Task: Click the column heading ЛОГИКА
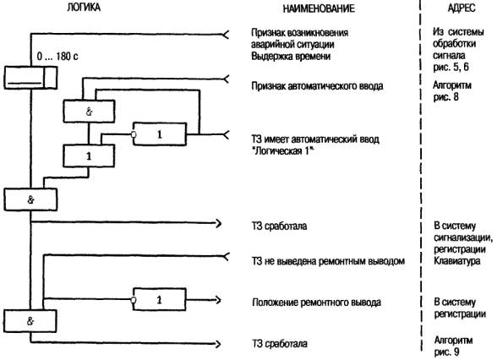(84, 8)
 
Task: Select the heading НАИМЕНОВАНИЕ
(319, 8)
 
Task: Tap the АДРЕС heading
(461, 8)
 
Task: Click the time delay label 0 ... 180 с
(57, 57)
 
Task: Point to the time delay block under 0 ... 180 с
(30, 78)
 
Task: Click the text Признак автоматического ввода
(317, 86)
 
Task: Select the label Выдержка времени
(291, 57)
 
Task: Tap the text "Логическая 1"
(282, 151)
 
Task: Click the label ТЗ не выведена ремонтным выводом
(328, 261)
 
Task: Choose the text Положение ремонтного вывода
(316, 303)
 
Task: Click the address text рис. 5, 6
(451, 68)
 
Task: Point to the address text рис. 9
(446, 352)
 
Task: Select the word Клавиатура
(457, 261)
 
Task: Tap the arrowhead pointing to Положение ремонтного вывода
(218, 300)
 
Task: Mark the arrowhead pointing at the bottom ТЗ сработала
(218, 344)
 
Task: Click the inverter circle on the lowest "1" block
(134, 300)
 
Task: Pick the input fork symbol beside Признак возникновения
(226, 34)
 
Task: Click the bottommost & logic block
(30, 321)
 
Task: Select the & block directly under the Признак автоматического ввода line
(89, 112)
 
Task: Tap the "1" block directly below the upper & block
(89, 155)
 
